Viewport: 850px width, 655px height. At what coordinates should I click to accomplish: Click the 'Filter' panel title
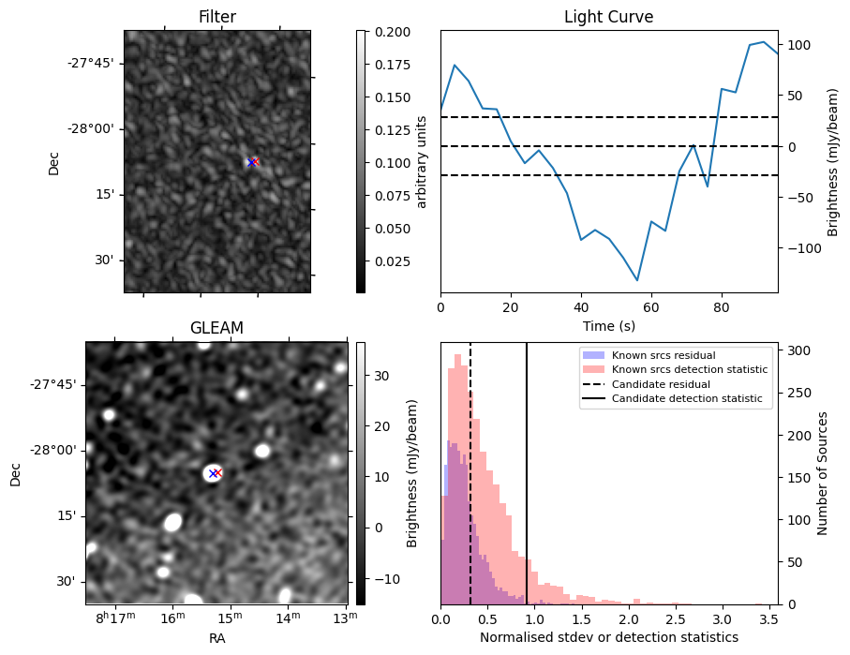tap(216, 17)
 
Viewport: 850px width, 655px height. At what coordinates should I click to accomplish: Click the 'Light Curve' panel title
tap(608, 17)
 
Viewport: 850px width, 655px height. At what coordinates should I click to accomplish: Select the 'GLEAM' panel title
tap(216, 328)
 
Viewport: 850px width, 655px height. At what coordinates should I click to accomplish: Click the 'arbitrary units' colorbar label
tap(422, 161)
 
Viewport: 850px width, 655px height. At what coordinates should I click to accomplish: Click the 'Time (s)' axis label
tap(608, 324)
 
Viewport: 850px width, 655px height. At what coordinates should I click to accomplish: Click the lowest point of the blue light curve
tap(637, 280)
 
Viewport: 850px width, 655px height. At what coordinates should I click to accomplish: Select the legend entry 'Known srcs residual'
tap(663, 355)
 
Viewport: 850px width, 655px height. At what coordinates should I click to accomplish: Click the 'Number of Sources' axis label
tap(824, 472)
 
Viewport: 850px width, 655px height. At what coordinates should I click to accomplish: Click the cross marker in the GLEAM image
tap(215, 473)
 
